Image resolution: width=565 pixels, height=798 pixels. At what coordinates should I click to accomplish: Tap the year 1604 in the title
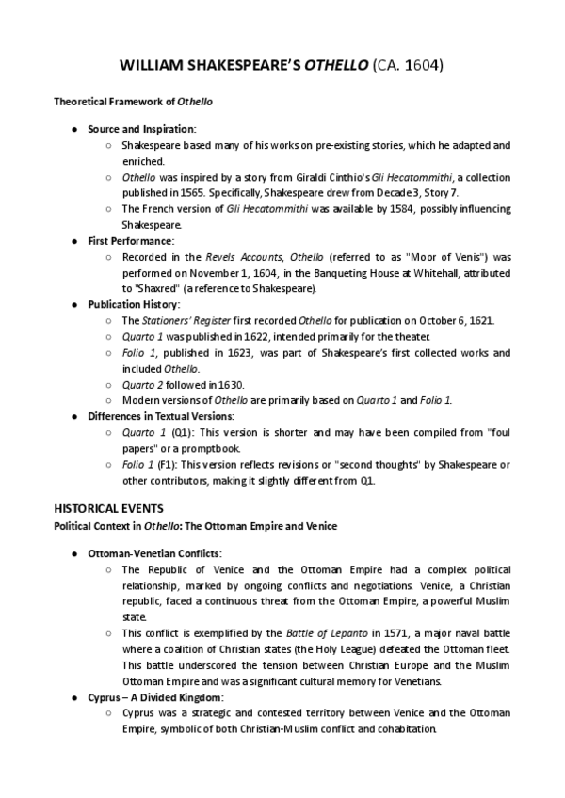tap(421, 67)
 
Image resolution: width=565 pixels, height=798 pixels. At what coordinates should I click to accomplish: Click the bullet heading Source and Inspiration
tap(142, 128)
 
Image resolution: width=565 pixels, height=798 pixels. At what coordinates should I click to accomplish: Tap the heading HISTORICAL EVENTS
tap(107, 508)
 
